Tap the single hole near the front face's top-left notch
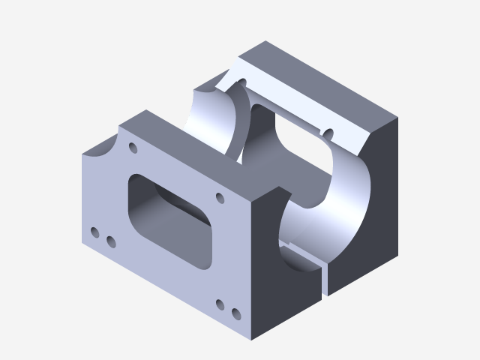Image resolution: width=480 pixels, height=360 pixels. point(133,148)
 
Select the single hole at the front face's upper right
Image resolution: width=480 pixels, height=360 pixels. point(220,198)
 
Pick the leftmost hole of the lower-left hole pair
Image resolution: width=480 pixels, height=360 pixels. point(94,233)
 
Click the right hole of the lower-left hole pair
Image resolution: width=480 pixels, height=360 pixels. point(110,241)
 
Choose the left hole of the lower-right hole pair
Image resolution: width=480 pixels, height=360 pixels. point(220,304)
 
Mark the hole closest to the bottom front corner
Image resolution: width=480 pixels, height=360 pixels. point(236,313)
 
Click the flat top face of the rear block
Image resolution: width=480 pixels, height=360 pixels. point(322,82)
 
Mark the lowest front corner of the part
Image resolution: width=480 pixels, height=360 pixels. point(251,340)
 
